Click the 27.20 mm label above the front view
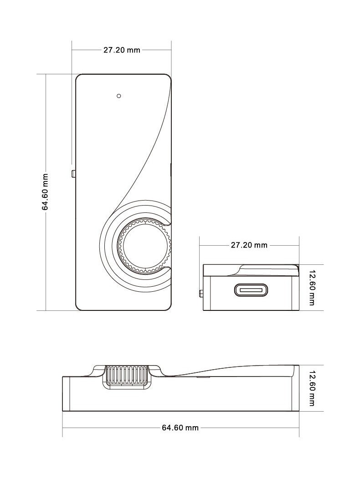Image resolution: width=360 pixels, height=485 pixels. pyautogui.click(x=122, y=50)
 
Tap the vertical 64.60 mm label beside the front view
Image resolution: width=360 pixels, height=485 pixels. pyautogui.click(x=45, y=192)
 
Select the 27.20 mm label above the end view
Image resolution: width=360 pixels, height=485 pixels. pyautogui.click(x=249, y=245)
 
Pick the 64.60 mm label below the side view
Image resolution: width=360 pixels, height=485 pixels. pyautogui.click(x=180, y=428)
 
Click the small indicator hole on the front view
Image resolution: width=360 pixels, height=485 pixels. pyautogui.click(x=119, y=96)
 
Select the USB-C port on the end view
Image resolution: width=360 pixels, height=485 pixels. pyautogui.click(x=251, y=290)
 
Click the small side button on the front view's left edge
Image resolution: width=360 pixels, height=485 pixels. pyautogui.click(x=74, y=174)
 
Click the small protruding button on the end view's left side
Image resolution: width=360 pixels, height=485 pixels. pyautogui.click(x=201, y=293)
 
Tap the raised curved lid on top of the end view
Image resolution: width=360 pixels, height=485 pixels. pyautogui.click(x=266, y=270)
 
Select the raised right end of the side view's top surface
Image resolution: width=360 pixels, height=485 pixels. pyautogui.click(x=295, y=371)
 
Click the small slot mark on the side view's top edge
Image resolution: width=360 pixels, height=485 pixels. pyautogui.click(x=204, y=377)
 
